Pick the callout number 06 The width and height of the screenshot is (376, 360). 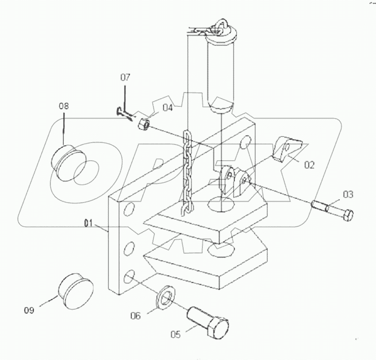pos(136,316)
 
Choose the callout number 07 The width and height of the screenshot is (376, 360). pos(125,77)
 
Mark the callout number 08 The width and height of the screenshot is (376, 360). pos(63,106)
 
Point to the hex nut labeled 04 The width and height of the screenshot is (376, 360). pos(143,124)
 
